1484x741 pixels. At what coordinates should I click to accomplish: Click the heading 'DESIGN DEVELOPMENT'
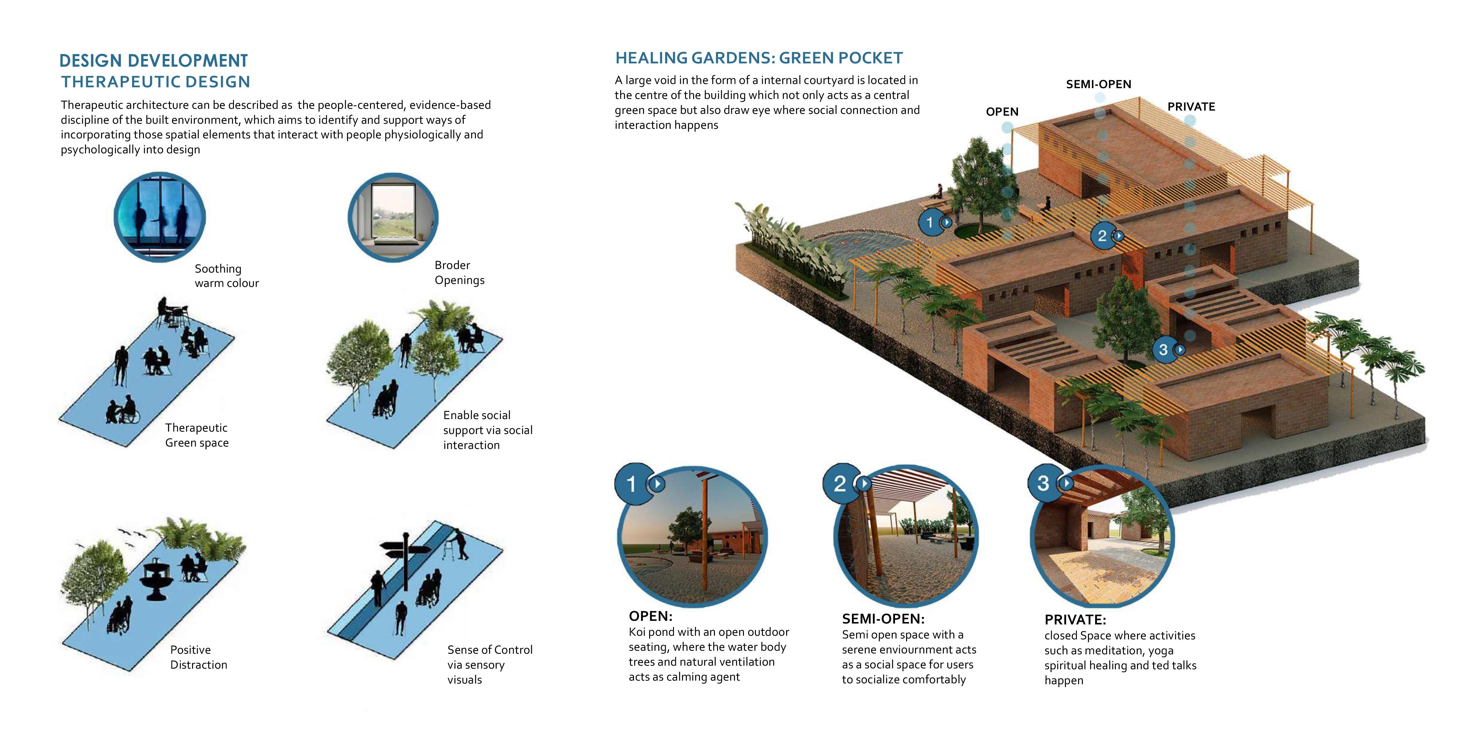pos(153,60)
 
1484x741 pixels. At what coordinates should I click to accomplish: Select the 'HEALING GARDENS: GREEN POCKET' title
pos(759,58)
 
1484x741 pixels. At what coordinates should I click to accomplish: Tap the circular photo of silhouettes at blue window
pos(159,217)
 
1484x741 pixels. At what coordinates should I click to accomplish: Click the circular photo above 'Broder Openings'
pos(393,217)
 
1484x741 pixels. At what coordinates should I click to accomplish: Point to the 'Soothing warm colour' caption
pos(226,276)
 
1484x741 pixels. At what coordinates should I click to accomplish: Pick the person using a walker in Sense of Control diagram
pos(460,544)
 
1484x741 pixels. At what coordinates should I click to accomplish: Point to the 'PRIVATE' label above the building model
pos(1191,106)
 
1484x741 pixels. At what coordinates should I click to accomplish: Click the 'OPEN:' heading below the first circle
pos(650,616)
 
